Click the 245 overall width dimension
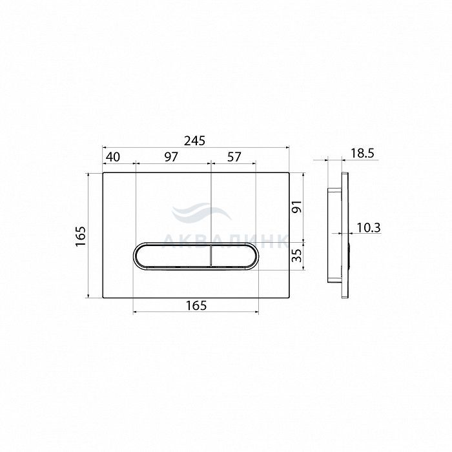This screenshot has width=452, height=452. click(x=194, y=141)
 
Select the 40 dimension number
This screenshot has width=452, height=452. click(x=113, y=157)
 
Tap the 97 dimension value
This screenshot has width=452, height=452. click(x=171, y=157)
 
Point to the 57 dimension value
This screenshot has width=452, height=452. click(x=234, y=157)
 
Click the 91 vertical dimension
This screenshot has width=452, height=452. click(x=297, y=207)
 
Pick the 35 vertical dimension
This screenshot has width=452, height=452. click(x=297, y=255)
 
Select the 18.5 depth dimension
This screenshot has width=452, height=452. click(x=362, y=154)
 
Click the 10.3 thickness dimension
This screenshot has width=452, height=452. click(x=369, y=228)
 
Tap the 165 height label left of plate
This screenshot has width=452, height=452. click(x=81, y=236)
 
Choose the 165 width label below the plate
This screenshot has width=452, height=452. click(x=196, y=305)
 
